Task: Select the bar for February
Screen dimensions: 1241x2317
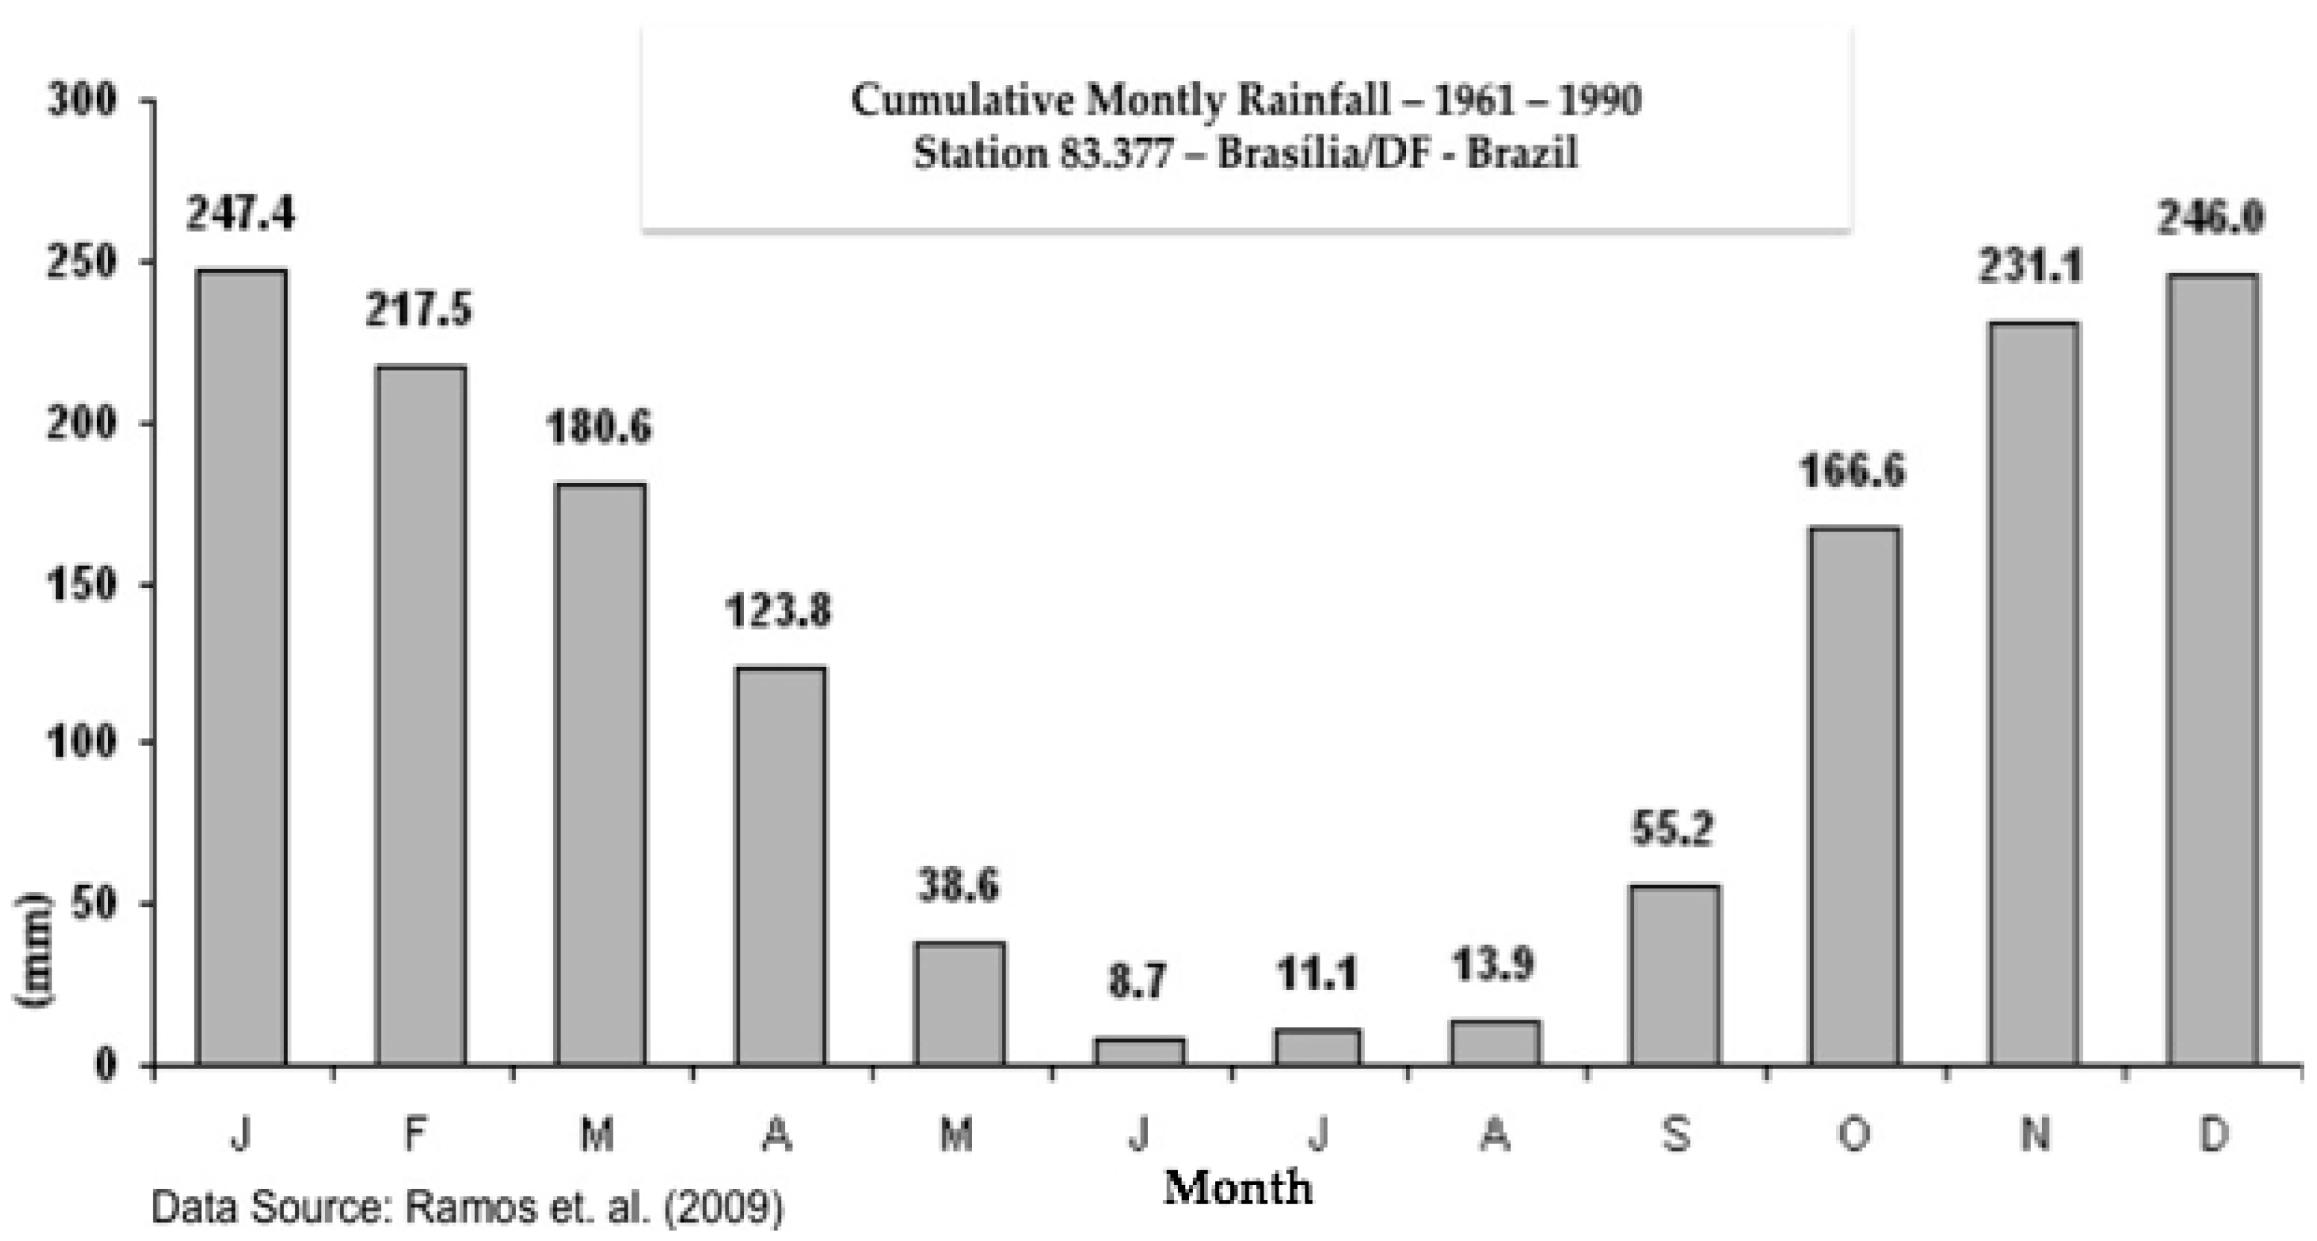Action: pyautogui.click(x=421, y=715)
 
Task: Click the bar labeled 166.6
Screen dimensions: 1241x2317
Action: pyautogui.click(x=1855, y=796)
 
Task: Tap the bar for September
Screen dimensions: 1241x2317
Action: pyautogui.click(x=1675, y=976)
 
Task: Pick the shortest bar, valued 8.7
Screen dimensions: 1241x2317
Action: pyautogui.click(x=1140, y=1052)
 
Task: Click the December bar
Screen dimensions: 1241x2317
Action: pyautogui.click(x=2212, y=670)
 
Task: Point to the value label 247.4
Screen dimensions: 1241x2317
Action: pyautogui.click(x=240, y=215)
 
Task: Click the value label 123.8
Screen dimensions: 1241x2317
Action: pyautogui.click(x=778, y=611)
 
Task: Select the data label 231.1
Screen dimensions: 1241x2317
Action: pyautogui.click(x=2030, y=267)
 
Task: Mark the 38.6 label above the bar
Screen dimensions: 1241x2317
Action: pyautogui.click(x=958, y=885)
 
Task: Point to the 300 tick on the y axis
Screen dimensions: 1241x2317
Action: pyautogui.click(x=82, y=100)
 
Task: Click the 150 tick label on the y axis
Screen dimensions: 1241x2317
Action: pyautogui.click(x=82, y=584)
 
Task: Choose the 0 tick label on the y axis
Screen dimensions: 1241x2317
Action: pyautogui.click(x=104, y=1066)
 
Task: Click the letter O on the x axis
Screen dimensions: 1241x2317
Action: pyautogui.click(x=1853, y=1135)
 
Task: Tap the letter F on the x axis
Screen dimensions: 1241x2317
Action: pyautogui.click(x=414, y=1135)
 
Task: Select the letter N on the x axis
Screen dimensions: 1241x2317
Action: pyautogui.click(x=2034, y=1135)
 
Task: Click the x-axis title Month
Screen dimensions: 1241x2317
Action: pyautogui.click(x=1238, y=1188)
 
